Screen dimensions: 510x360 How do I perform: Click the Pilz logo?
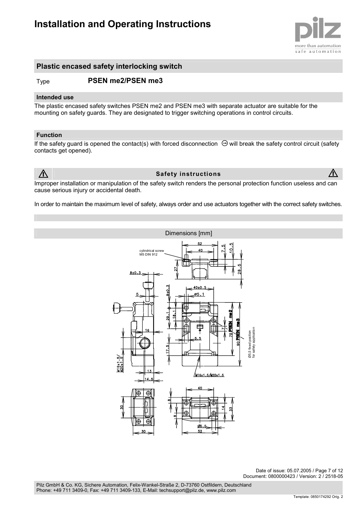coord(318,32)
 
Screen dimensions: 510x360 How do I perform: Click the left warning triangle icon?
coord(43,174)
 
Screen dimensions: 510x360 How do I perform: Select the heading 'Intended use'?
coord(55,97)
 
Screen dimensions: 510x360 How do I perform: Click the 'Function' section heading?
coord(49,135)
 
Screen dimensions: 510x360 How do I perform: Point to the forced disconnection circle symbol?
coord(224,143)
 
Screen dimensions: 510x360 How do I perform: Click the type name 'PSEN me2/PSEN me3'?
coord(125,81)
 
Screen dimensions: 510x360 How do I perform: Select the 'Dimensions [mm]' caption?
coord(188,233)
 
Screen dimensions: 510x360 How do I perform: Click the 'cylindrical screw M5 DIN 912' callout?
coord(152,253)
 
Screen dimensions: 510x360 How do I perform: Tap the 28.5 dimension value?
coord(239,270)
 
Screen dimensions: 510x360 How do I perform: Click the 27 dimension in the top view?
coord(176,269)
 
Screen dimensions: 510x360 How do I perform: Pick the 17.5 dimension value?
coord(168,349)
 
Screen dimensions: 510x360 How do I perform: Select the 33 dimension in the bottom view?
coord(231,408)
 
